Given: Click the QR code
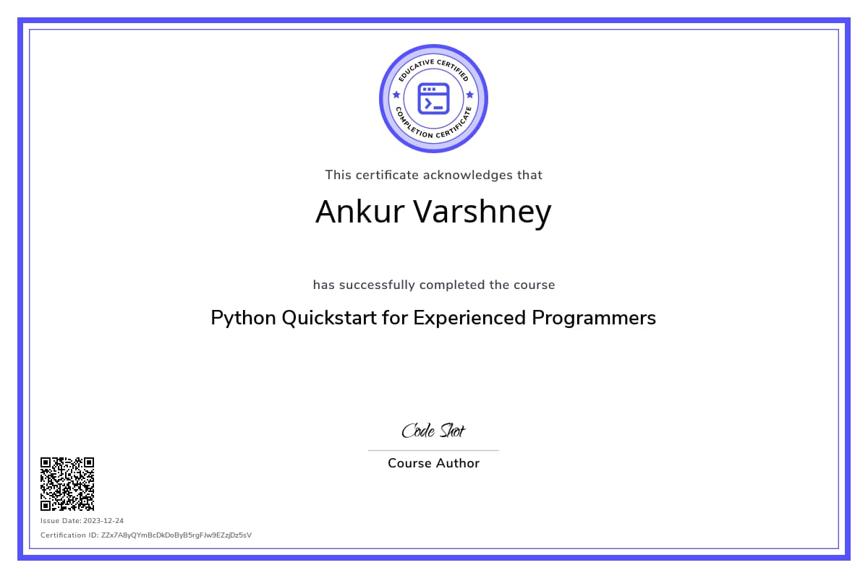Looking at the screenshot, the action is coord(67,484).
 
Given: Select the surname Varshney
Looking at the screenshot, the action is coord(482,213).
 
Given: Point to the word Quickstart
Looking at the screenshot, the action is coord(329,319).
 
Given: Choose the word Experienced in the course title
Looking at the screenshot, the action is coord(469,319).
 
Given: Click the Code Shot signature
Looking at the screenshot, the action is coord(433,431).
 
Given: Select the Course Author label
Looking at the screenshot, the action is coord(433,463).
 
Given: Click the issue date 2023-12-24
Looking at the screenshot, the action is coord(103,521).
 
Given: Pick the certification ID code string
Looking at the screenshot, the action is coord(176,535).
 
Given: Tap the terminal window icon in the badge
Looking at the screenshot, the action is coord(433,99).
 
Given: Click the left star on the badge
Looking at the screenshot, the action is coord(396,95).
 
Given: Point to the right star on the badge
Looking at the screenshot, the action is coord(470,95).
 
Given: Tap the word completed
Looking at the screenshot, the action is coord(452,285).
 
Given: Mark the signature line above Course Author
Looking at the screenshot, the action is coord(433,450).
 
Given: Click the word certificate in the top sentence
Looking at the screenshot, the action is coord(387,176).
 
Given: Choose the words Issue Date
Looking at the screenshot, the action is coord(61,521).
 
